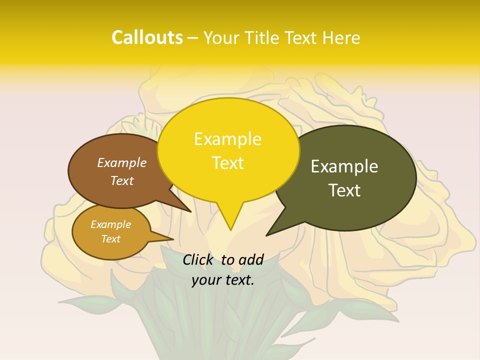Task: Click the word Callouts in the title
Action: pyautogui.click(x=147, y=38)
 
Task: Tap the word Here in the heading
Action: pyautogui.click(x=340, y=38)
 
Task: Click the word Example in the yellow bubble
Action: pyautogui.click(x=227, y=139)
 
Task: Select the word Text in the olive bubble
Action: pyautogui.click(x=344, y=190)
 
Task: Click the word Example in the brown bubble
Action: pyautogui.click(x=122, y=162)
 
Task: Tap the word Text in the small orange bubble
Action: pyautogui.click(x=111, y=239)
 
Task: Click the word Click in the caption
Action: pyautogui.click(x=199, y=259)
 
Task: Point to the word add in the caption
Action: pyautogui.click(x=251, y=259)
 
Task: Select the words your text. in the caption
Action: pyautogui.click(x=223, y=280)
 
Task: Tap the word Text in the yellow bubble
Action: pyautogui.click(x=227, y=163)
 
